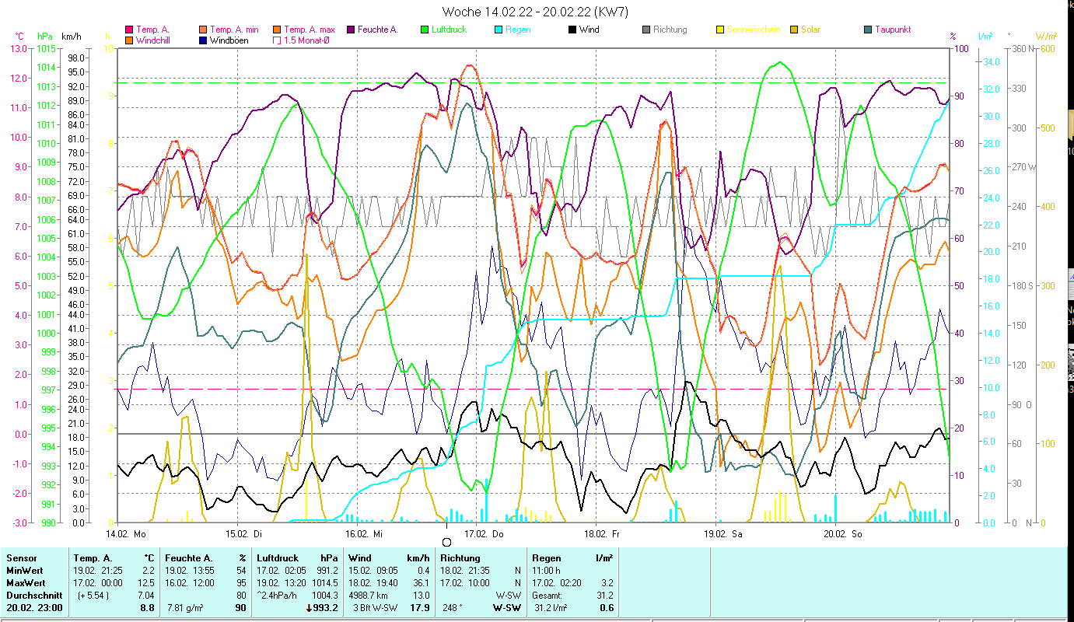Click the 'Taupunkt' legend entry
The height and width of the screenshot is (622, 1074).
pyautogui.click(x=892, y=30)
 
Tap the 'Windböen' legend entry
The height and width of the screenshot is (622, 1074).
pyautogui.click(x=229, y=40)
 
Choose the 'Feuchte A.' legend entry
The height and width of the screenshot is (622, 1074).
pyautogui.click(x=377, y=30)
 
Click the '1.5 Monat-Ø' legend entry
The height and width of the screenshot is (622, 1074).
pyautogui.click(x=306, y=40)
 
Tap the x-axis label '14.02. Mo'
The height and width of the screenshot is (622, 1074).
pyautogui.click(x=126, y=534)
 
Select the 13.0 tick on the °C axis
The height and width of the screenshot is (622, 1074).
pyautogui.click(x=17, y=48)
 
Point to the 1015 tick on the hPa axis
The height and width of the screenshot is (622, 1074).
pyautogui.click(x=46, y=48)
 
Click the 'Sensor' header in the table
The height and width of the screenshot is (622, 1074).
pyautogui.click(x=21, y=557)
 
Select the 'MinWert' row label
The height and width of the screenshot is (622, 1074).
pyautogui.click(x=25, y=571)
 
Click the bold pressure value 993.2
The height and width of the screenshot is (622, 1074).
pyautogui.click(x=324, y=608)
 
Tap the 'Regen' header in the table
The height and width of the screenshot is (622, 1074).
pyautogui.click(x=547, y=557)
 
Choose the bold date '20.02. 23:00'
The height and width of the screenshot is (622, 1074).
pyautogui.click(x=35, y=608)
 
